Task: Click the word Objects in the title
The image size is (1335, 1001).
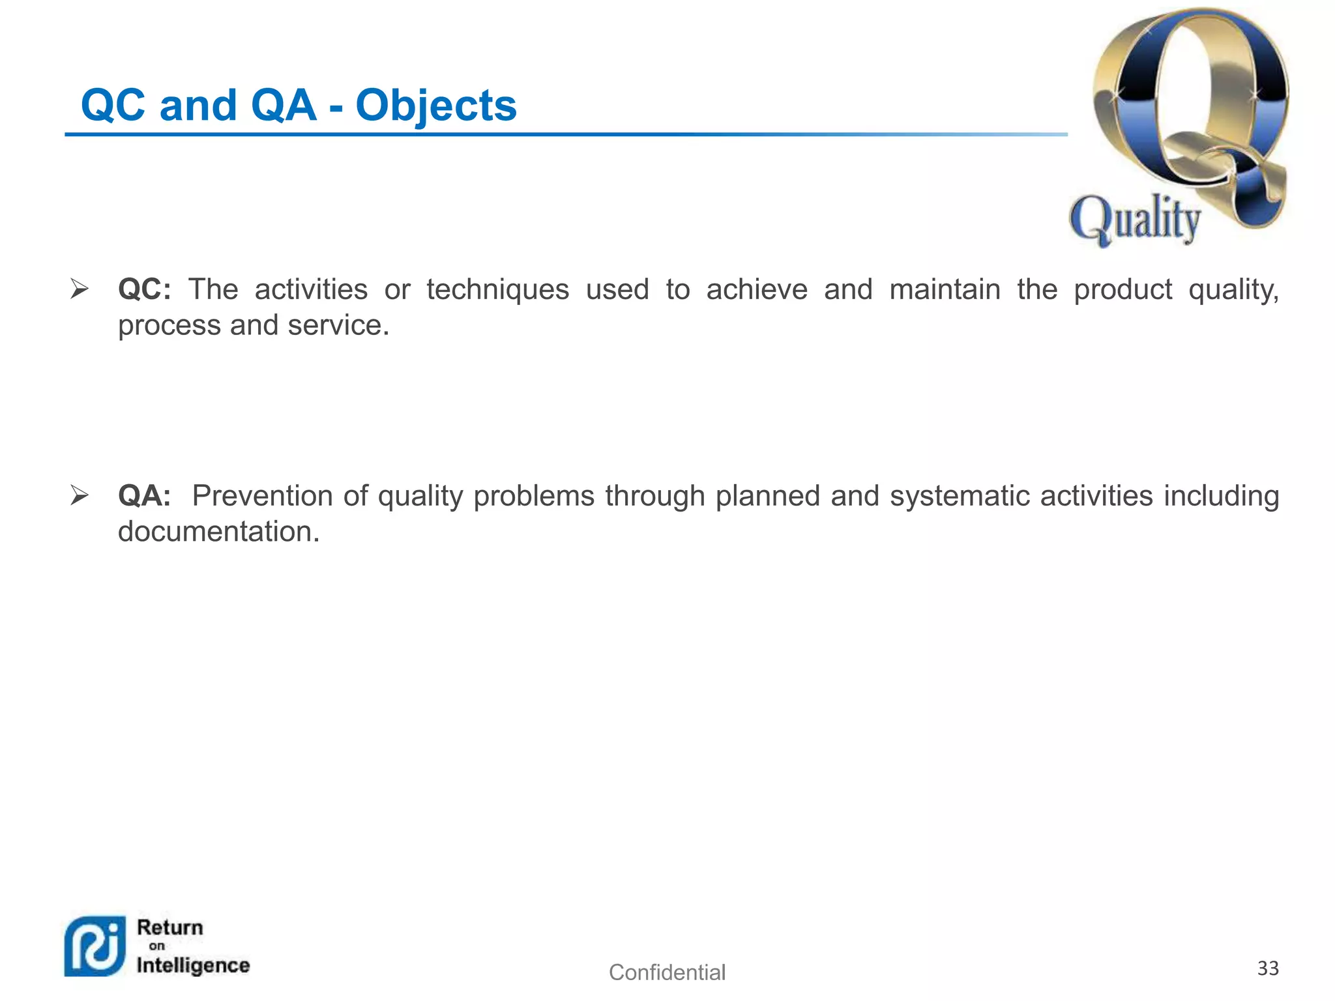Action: point(435,106)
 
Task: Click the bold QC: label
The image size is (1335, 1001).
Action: point(144,289)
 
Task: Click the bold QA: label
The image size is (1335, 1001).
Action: point(144,496)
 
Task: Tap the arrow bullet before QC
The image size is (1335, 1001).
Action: point(79,289)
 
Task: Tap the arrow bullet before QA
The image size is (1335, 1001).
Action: point(79,495)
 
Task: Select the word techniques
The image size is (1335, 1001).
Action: point(497,289)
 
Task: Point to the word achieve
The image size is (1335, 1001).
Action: point(757,289)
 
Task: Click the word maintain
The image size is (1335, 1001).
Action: point(945,289)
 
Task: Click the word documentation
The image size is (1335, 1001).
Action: point(218,532)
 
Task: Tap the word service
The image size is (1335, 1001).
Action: point(338,325)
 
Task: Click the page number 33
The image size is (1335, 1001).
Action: point(1267,968)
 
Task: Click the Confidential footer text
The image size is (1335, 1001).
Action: point(667,972)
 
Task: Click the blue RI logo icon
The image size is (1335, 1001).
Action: point(95,946)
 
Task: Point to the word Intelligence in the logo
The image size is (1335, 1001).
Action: point(193,966)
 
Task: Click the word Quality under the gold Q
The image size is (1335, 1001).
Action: point(1135,220)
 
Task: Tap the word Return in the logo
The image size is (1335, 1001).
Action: point(170,927)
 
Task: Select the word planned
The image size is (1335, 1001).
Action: point(767,496)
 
